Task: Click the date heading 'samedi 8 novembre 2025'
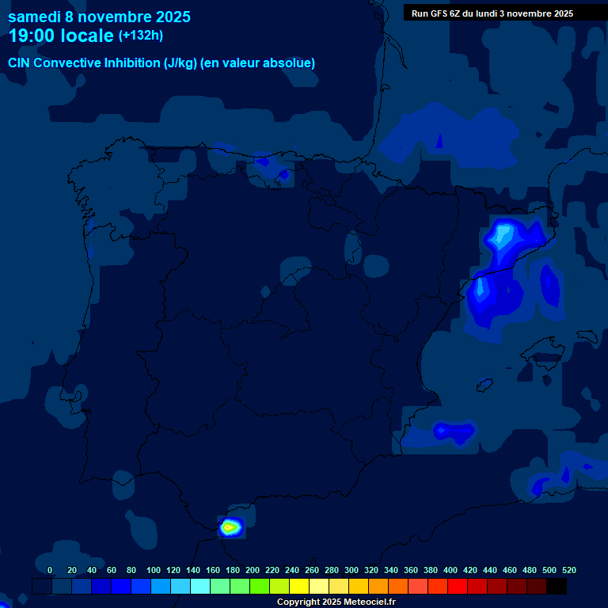99,17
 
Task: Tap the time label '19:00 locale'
61,36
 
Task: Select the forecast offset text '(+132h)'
141,36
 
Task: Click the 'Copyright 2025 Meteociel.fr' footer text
336,602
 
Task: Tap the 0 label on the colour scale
50,570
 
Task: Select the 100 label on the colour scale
154,570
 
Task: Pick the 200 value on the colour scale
253,570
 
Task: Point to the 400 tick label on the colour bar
450,570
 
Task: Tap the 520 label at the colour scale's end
569,570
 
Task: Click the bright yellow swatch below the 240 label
299,586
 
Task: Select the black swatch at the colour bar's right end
557,586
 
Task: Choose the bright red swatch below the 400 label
458,586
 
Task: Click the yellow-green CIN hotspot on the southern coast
230,526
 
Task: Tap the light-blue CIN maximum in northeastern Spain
502,235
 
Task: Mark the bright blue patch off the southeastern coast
453,431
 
